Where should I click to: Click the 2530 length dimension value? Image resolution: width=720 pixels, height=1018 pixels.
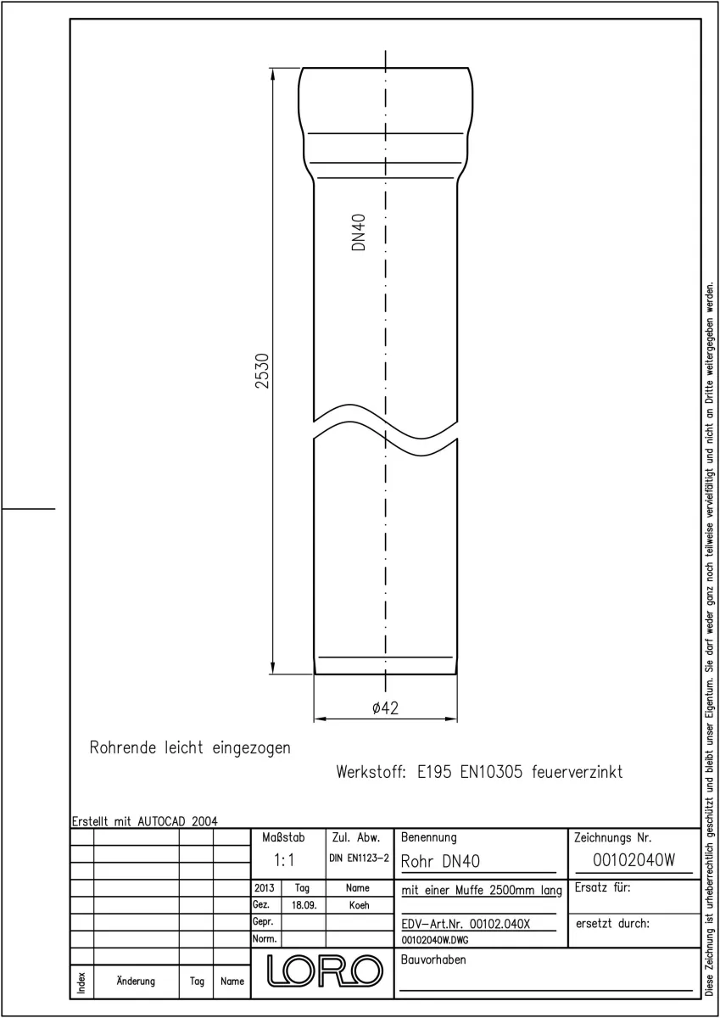(x=262, y=371)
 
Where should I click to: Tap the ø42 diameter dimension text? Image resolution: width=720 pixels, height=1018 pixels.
(x=385, y=708)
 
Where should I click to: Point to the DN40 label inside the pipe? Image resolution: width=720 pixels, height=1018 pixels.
(x=359, y=232)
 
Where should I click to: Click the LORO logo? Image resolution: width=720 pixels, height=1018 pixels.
(x=325, y=970)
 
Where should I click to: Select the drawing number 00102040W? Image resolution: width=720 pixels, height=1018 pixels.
(x=633, y=860)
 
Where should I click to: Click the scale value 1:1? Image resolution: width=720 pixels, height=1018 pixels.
(x=284, y=860)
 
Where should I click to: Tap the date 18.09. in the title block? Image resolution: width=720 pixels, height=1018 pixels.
(x=304, y=905)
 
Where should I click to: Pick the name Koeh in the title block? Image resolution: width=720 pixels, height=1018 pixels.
(x=359, y=905)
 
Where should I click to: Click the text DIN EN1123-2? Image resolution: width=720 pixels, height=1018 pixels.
(x=360, y=858)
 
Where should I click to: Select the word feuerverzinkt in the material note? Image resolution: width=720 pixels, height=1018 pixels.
(x=577, y=772)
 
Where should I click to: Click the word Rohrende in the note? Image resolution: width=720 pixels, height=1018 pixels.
(x=123, y=747)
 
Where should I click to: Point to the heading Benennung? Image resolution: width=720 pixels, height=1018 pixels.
(x=429, y=837)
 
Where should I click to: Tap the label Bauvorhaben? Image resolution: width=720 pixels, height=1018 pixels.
(x=433, y=959)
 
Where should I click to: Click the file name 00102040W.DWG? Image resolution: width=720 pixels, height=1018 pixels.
(x=435, y=940)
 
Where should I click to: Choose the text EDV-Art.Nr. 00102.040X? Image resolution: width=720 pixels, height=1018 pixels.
(x=466, y=924)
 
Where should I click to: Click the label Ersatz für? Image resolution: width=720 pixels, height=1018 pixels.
(x=602, y=887)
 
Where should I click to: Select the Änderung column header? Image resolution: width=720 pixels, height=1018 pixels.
(x=136, y=982)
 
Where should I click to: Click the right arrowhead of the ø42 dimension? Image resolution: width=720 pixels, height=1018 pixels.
(x=450, y=719)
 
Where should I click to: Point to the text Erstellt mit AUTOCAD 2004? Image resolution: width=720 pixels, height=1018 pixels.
(x=145, y=821)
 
